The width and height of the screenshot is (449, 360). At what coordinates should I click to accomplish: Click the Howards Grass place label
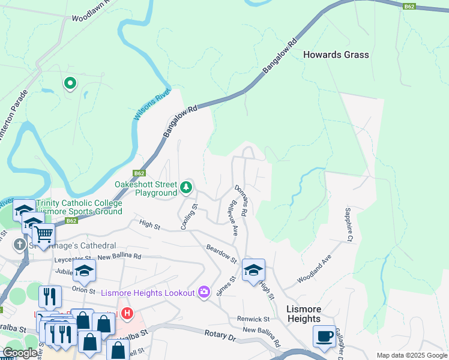336,55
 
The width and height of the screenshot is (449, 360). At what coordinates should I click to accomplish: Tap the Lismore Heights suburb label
304,314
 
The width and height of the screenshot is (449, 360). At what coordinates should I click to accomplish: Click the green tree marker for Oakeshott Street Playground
186,188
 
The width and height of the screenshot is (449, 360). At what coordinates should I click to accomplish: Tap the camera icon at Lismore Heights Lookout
204,292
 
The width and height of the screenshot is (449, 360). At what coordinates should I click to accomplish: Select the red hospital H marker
127,313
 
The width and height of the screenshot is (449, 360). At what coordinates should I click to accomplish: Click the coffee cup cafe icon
325,336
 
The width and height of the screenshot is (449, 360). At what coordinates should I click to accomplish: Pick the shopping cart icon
43,233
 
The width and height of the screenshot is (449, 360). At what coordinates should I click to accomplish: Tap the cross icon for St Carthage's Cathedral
20,244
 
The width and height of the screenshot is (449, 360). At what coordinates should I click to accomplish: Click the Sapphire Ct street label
348,225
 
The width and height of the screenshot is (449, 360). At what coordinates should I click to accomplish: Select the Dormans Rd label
241,200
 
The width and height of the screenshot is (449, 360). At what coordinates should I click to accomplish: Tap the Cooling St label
190,217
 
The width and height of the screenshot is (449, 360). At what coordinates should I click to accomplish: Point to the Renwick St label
253,319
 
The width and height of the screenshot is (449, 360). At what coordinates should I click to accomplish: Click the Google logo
20,352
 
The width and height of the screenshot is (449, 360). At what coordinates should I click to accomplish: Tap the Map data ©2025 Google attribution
411,355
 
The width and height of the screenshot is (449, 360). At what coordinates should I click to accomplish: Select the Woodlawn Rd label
89,11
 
